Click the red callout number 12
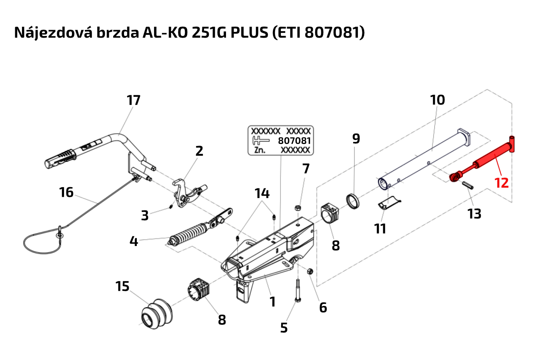(x=502, y=183)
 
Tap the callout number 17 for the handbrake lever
(x=134, y=100)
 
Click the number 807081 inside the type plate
(x=294, y=141)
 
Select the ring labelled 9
(x=352, y=201)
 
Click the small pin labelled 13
(x=468, y=185)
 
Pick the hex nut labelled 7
(x=298, y=208)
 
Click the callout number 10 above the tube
(x=437, y=100)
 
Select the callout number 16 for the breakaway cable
(x=66, y=192)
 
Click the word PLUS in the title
(x=249, y=32)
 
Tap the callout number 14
(x=262, y=194)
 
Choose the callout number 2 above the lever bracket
(x=199, y=151)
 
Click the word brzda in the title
(x=118, y=32)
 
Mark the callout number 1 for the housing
(x=272, y=302)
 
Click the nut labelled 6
(x=310, y=272)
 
